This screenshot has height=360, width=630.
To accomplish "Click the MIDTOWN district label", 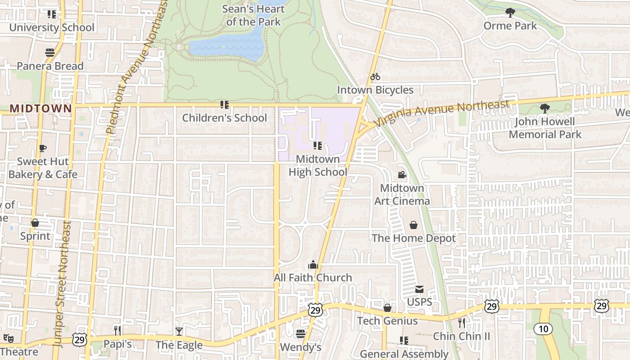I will point(40,108).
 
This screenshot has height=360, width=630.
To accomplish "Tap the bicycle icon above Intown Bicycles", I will point(375,77).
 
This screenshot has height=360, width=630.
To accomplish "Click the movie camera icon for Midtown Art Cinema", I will point(402,175).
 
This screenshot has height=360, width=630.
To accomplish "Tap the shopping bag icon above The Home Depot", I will point(414,225).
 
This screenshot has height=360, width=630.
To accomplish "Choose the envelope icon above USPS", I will point(419,289).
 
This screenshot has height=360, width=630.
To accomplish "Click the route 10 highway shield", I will point(543,329).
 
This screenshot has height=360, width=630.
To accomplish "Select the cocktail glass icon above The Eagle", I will point(179,332).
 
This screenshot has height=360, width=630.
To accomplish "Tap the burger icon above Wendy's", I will point(300,334).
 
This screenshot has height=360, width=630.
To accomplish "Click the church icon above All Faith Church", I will point(313,265).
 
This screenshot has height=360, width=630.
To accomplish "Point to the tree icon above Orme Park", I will point(510,13).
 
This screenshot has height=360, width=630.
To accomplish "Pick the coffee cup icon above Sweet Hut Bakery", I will point(43,148).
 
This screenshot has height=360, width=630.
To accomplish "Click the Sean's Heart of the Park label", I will point(253,15).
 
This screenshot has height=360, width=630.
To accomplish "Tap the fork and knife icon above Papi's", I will point(117,331).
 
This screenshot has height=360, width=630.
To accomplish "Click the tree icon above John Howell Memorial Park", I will point(544,108).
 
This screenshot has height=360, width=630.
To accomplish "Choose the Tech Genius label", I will point(387,321).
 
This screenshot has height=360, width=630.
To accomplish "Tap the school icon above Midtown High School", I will point(317,146).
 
